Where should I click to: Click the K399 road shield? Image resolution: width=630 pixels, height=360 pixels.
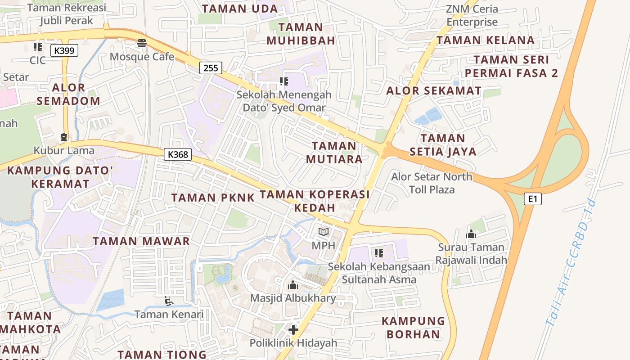[64, 50]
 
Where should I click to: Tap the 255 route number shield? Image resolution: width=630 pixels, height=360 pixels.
[211, 68]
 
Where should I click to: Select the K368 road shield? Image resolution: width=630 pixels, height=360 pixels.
[178, 154]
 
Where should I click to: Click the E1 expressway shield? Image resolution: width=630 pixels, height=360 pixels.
[532, 198]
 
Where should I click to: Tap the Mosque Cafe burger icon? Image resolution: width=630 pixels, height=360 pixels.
[142, 43]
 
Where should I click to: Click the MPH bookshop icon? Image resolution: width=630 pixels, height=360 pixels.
[324, 232]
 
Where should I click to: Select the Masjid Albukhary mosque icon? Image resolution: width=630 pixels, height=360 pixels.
[293, 285]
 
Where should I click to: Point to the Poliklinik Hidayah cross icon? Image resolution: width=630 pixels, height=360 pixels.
[293, 330]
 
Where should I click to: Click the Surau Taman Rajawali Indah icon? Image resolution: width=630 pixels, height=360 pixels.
[471, 234]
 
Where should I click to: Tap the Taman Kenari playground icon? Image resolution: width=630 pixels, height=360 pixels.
[169, 301]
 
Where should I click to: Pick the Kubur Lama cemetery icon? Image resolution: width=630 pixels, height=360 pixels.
[64, 137]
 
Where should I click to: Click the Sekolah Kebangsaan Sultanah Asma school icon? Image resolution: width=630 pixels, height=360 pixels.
[379, 253]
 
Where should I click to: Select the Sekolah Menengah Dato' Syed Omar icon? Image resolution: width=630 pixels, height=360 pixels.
[283, 81]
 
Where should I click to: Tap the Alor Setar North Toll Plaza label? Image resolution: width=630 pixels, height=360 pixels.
[432, 183]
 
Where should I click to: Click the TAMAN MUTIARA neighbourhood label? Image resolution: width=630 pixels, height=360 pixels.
[334, 153]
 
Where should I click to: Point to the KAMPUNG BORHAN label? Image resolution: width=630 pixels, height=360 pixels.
[413, 328]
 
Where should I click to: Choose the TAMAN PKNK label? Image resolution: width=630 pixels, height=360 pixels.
[213, 197]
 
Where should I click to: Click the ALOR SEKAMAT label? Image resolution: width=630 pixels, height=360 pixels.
[434, 90]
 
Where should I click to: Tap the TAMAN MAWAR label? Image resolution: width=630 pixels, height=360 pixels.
[141, 241]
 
